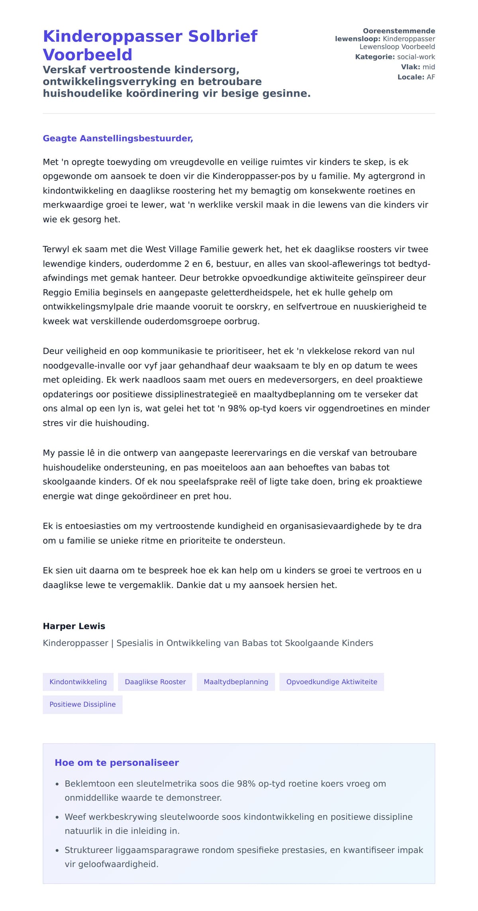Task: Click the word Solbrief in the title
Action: pos(223,36)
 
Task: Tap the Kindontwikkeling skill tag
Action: pos(78,682)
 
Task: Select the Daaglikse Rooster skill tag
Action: pos(155,682)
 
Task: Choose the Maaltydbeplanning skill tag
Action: pos(236,682)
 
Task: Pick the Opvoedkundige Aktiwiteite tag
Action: pos(331,682)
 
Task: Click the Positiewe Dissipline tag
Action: pos(82,704)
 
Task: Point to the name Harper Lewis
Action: pos(74,626)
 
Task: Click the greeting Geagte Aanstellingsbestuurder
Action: pos(118,138)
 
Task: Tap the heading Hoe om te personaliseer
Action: pos(117,763)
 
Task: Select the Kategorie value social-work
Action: pos(416,57)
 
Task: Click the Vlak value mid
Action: pos(429,67)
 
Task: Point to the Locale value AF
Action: pos(431,77)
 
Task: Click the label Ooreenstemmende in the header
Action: pos(399,31)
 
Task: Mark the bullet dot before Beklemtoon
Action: pos(57,784)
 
